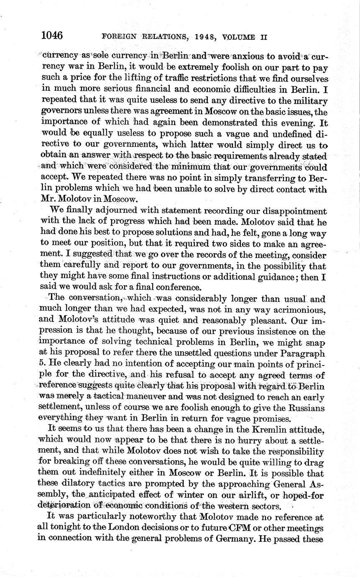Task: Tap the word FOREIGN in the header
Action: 118,37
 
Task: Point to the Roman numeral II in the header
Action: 263,37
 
